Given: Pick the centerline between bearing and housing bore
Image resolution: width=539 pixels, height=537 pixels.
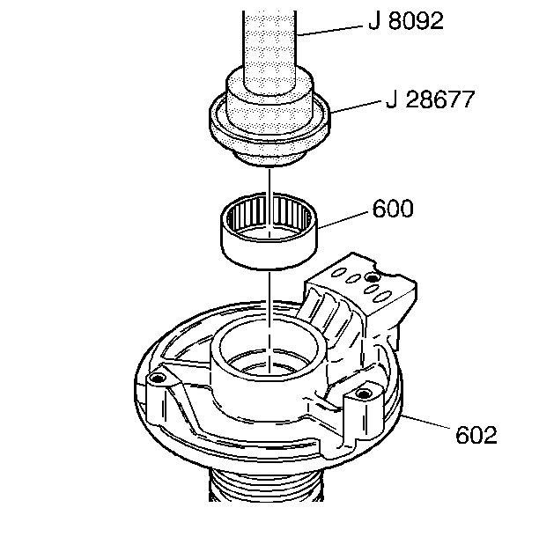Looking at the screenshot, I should click(x=266, y=295).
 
